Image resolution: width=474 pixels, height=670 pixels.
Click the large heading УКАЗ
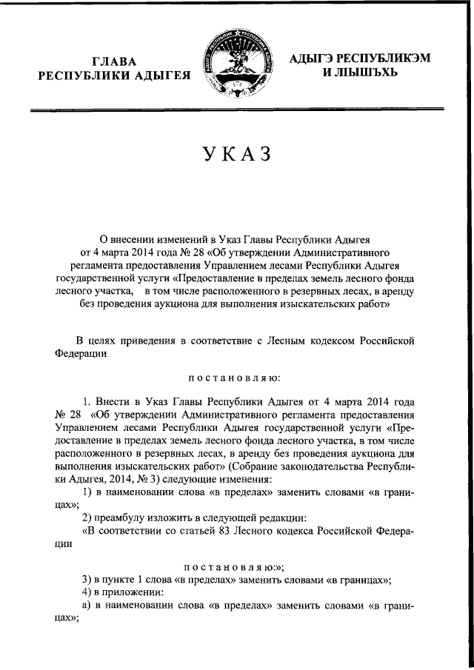point(236,156)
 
